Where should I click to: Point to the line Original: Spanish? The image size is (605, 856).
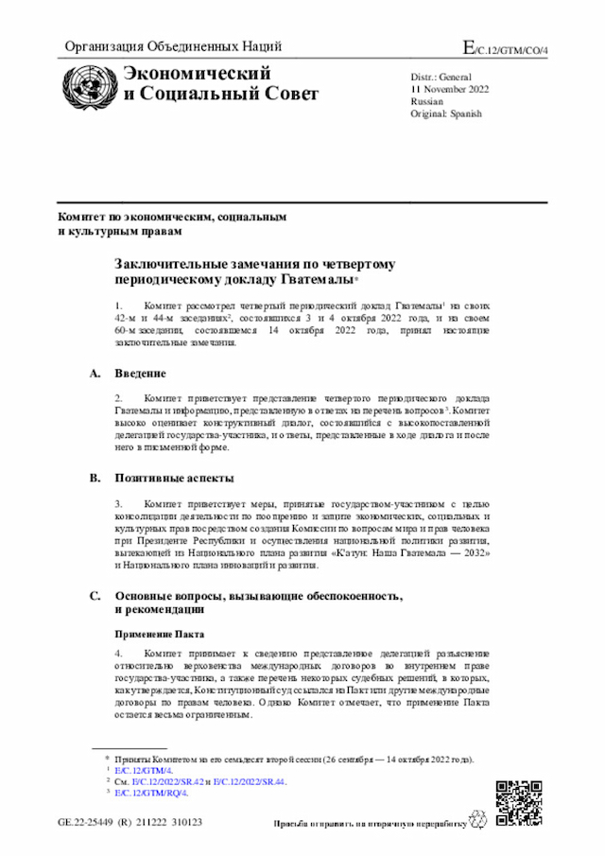click(x=446, y=114)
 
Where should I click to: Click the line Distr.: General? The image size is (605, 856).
click(x=441, y=76)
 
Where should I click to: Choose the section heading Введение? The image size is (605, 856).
click(x=141, y=374)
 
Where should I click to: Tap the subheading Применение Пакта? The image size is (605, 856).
click(x=159, y=633)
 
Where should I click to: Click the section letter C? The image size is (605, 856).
click(x=95, y=596)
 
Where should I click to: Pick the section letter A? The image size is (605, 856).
click(x=95, y=374)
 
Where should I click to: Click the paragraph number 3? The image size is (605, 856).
click(x=119, y=505)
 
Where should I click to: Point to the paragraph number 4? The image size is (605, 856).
click(x=119, y=655)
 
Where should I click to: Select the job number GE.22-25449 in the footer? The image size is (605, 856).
click(x=89, y=823)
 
